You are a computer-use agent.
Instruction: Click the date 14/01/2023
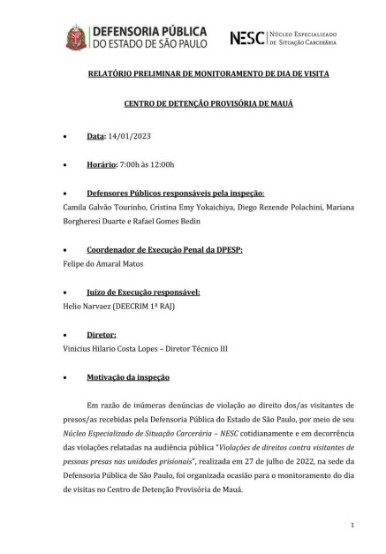pyautogui.click(x=126, y=137)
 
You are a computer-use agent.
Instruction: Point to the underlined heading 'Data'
pyautogui.click(x=95, y=137)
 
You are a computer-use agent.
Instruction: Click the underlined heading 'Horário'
pyautogui.click(x=102, y=165)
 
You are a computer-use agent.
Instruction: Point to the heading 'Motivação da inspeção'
pyautogui.click(x=128, y=377)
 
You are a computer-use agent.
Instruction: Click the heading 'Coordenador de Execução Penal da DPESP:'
pyautogui.click(x=164, y=250)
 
